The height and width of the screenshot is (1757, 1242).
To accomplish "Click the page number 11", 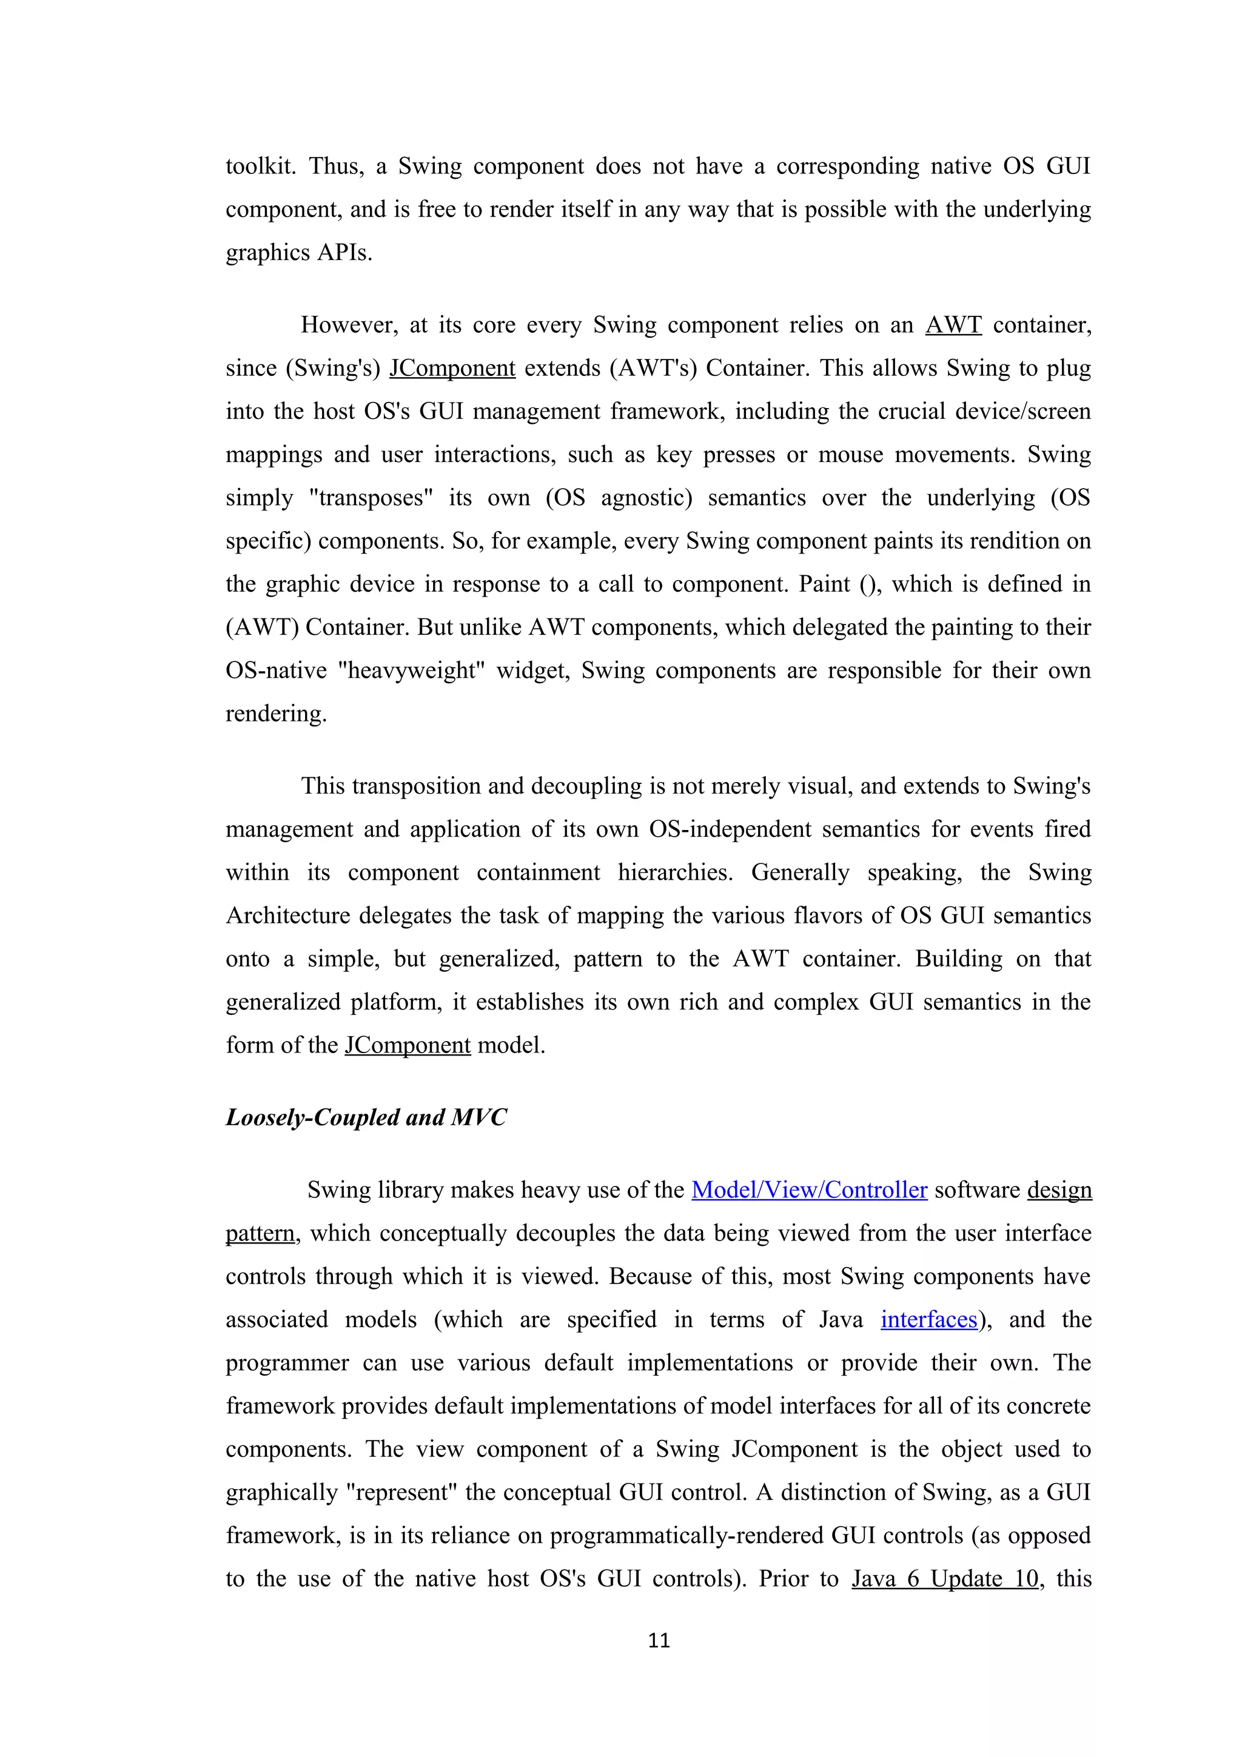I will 658,1640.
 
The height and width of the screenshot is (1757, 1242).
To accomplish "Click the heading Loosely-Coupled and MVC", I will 366,1118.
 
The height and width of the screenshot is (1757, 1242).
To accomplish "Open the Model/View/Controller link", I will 809,1191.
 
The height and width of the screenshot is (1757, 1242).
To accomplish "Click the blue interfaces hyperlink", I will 928,1320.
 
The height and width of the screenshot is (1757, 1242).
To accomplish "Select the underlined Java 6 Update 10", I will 944,1579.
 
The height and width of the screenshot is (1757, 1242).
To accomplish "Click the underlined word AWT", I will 953,325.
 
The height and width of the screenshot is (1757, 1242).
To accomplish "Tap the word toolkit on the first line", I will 260,167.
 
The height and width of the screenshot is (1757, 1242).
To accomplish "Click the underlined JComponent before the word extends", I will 452,369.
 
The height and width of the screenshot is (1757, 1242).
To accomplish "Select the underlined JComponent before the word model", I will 407,1045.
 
